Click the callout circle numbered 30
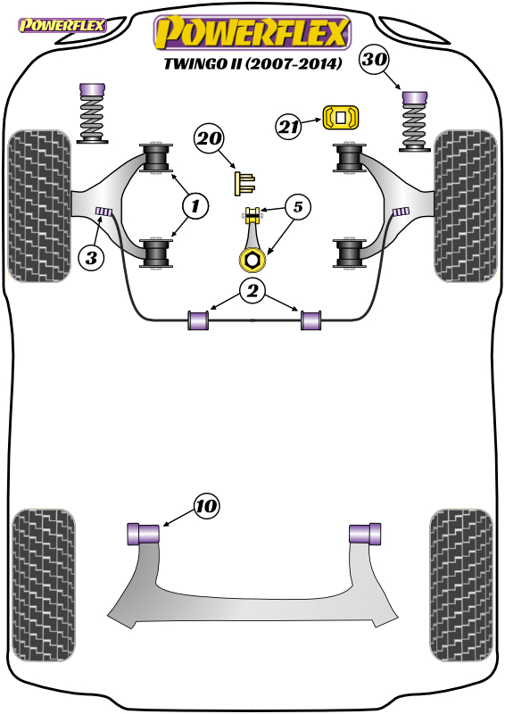click(375, 59)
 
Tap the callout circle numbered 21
click(288, 126)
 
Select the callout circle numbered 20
click(209, 138)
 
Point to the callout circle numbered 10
click(206, 506)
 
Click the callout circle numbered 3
click(91, 258)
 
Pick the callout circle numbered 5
click(297, 207)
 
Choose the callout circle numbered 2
click(253, 290)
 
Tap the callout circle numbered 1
click(195, 206)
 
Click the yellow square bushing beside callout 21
click(341, 118)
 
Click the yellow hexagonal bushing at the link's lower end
click(251, 259)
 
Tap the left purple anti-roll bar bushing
click(198, 320)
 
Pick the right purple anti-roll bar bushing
click(310, 320)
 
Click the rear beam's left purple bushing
click(143, 533)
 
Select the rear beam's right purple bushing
click(365, 533)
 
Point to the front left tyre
click(39, 206)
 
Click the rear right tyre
click(460, 585)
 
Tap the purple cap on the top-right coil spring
click(415, 98)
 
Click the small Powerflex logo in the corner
click(62, 25)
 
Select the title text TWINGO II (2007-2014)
click(252, 63)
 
